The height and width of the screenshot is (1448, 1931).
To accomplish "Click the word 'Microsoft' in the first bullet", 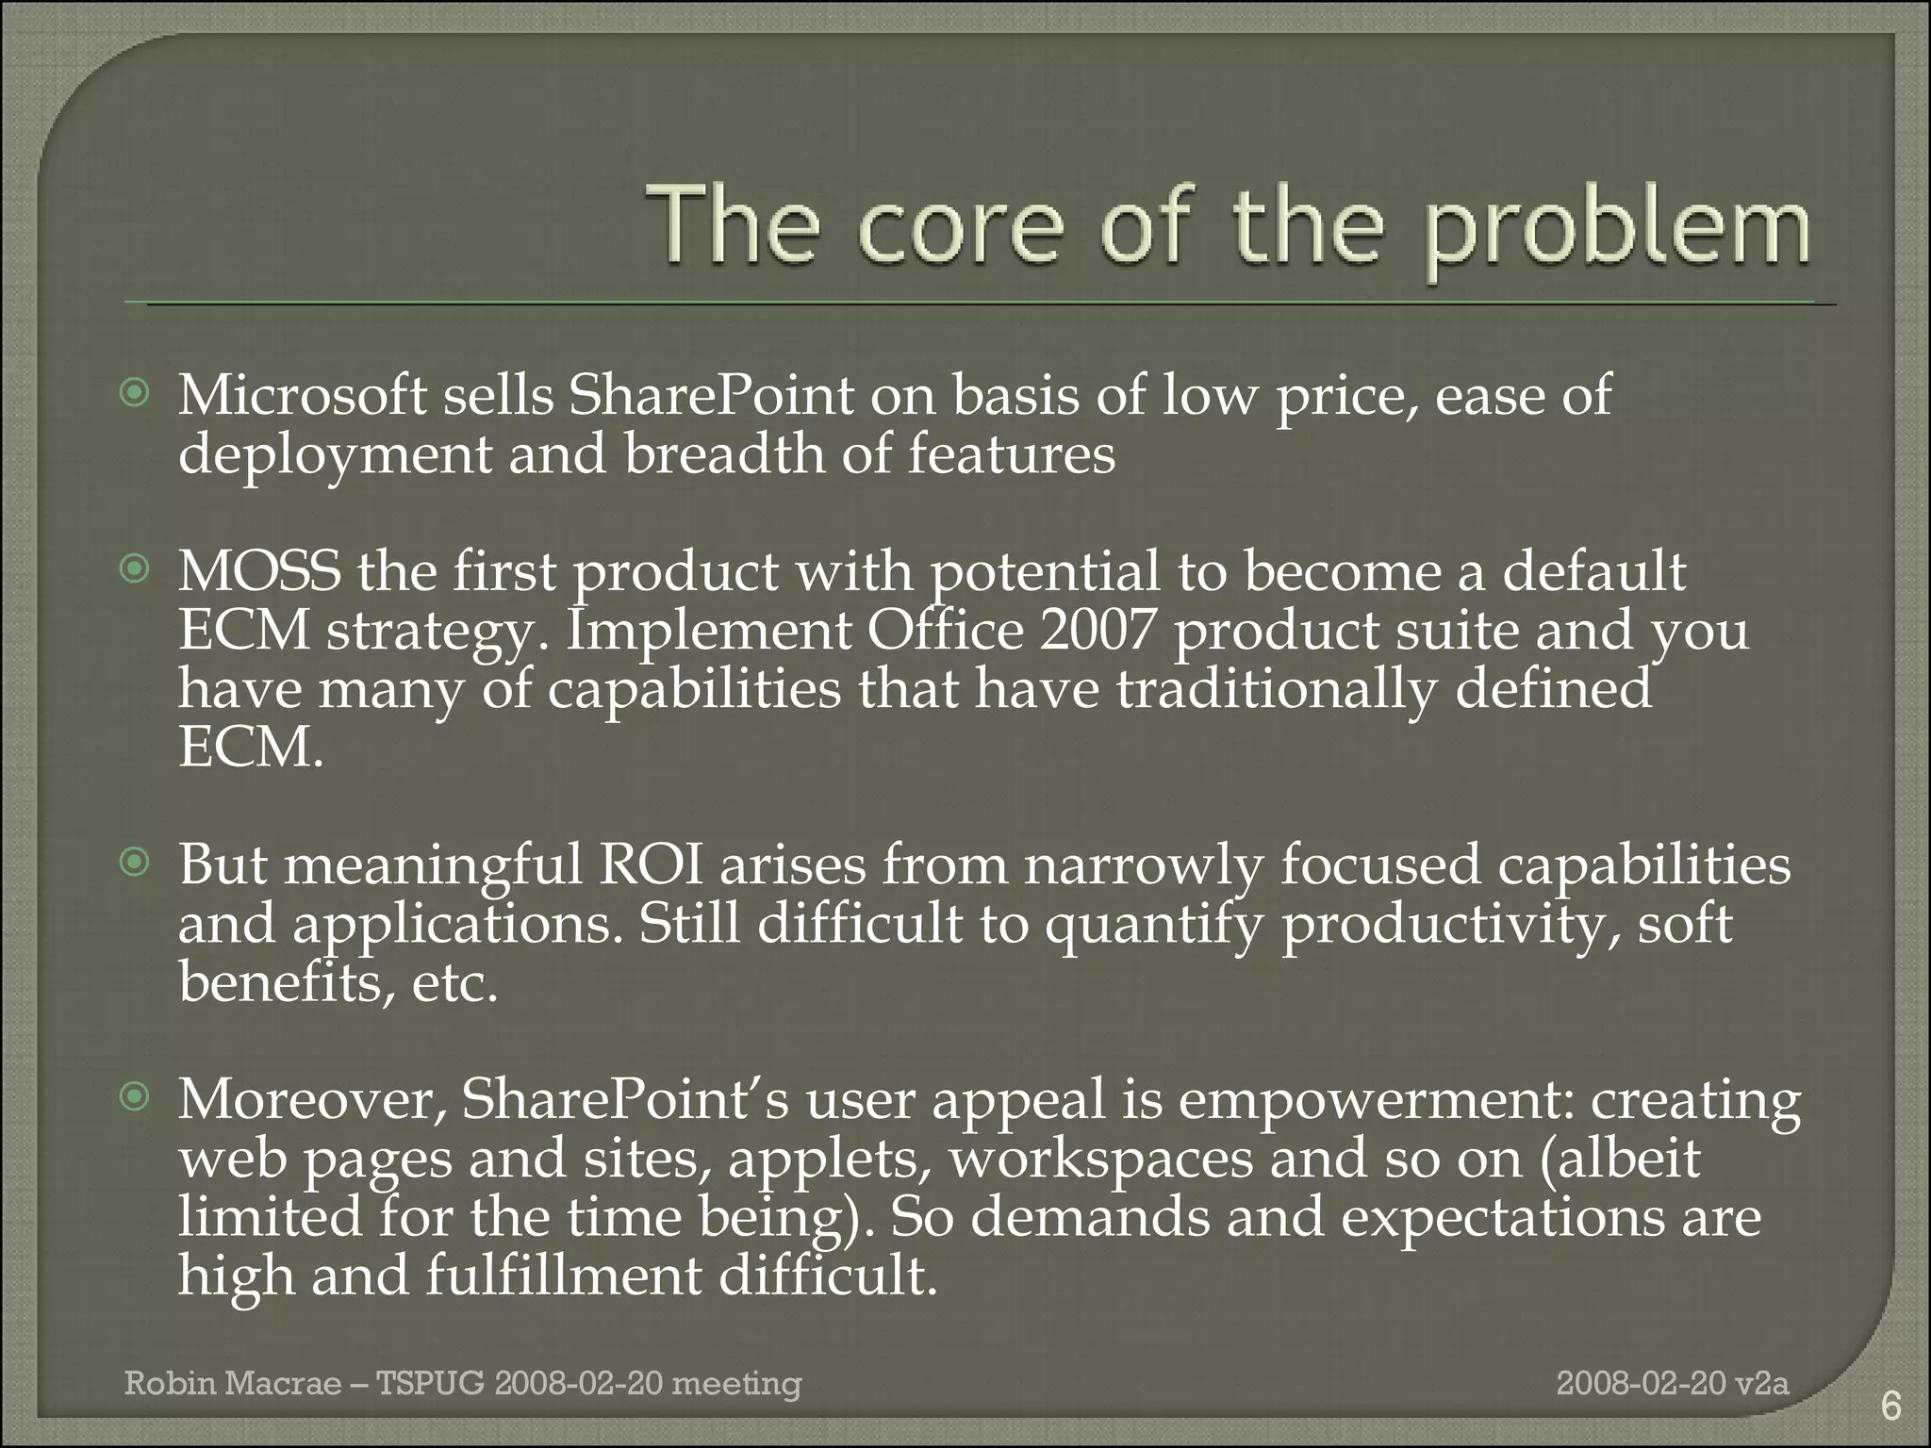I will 303,396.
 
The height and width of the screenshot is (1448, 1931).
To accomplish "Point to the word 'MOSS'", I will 259,571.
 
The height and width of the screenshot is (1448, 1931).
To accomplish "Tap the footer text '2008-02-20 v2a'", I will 1672,1383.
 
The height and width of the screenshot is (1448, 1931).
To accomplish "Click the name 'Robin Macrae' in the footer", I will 233,1383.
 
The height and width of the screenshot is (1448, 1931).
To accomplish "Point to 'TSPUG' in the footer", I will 430,1383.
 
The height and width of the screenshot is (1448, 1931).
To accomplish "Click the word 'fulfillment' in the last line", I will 564,1276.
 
